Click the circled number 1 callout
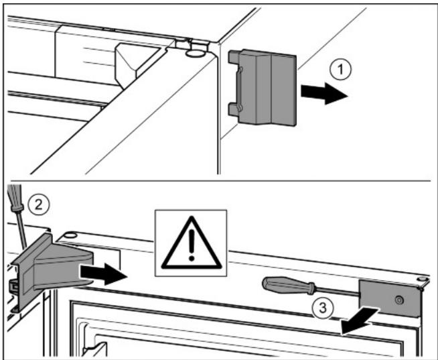(340, 69)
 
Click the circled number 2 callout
(39, 204)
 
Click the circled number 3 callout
(323, 308)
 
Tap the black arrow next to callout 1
(324, 93)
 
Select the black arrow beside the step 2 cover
(103, 274)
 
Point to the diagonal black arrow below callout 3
(360, 321)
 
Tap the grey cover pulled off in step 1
(263, 87)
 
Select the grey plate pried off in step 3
(390, 298)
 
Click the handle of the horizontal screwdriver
(289, 286)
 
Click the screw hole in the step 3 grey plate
(399, 300)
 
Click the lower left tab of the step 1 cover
(234, 109)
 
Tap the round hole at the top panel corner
(196, 54)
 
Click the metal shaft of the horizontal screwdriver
(337, 291)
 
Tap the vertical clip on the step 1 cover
(239, 89)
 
